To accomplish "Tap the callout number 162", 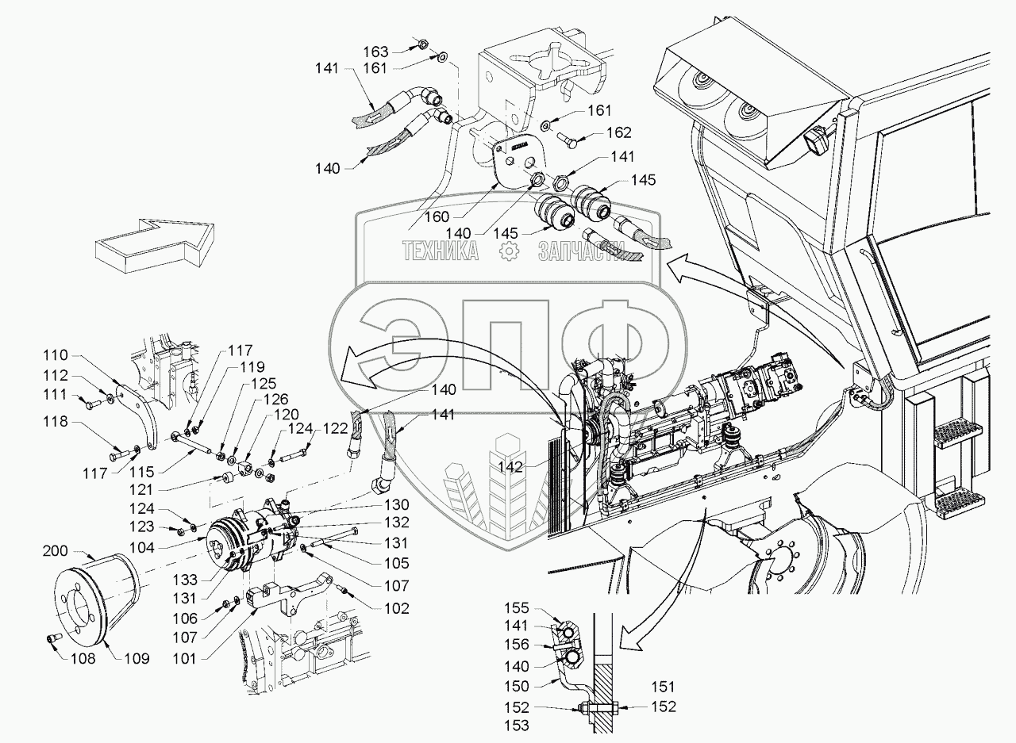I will pyautogui.click(x=620, y=132).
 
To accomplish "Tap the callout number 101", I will pyautogui.click(x=187, y=657).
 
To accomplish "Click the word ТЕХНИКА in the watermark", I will pyautogui.click(x=440, y=252).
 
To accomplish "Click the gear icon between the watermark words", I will pyautogui.click(x=508, y=252).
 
